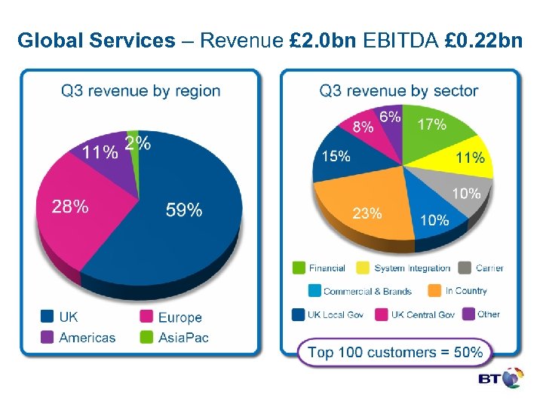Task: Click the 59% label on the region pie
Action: (x=184, y=210)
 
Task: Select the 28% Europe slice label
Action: (x=70, y=207)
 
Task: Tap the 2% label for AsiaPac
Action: (x=137, y=143)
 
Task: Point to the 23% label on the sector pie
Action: (x=367, y=213)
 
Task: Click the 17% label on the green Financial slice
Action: (x=431, y=124)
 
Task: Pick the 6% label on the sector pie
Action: (x=390, y=117)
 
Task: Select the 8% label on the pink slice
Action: (x=363, y=127)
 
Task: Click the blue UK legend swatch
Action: (x=47, y=317)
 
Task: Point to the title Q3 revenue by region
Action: (x=140, y=91)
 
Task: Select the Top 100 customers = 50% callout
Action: (x=394, y=352)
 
